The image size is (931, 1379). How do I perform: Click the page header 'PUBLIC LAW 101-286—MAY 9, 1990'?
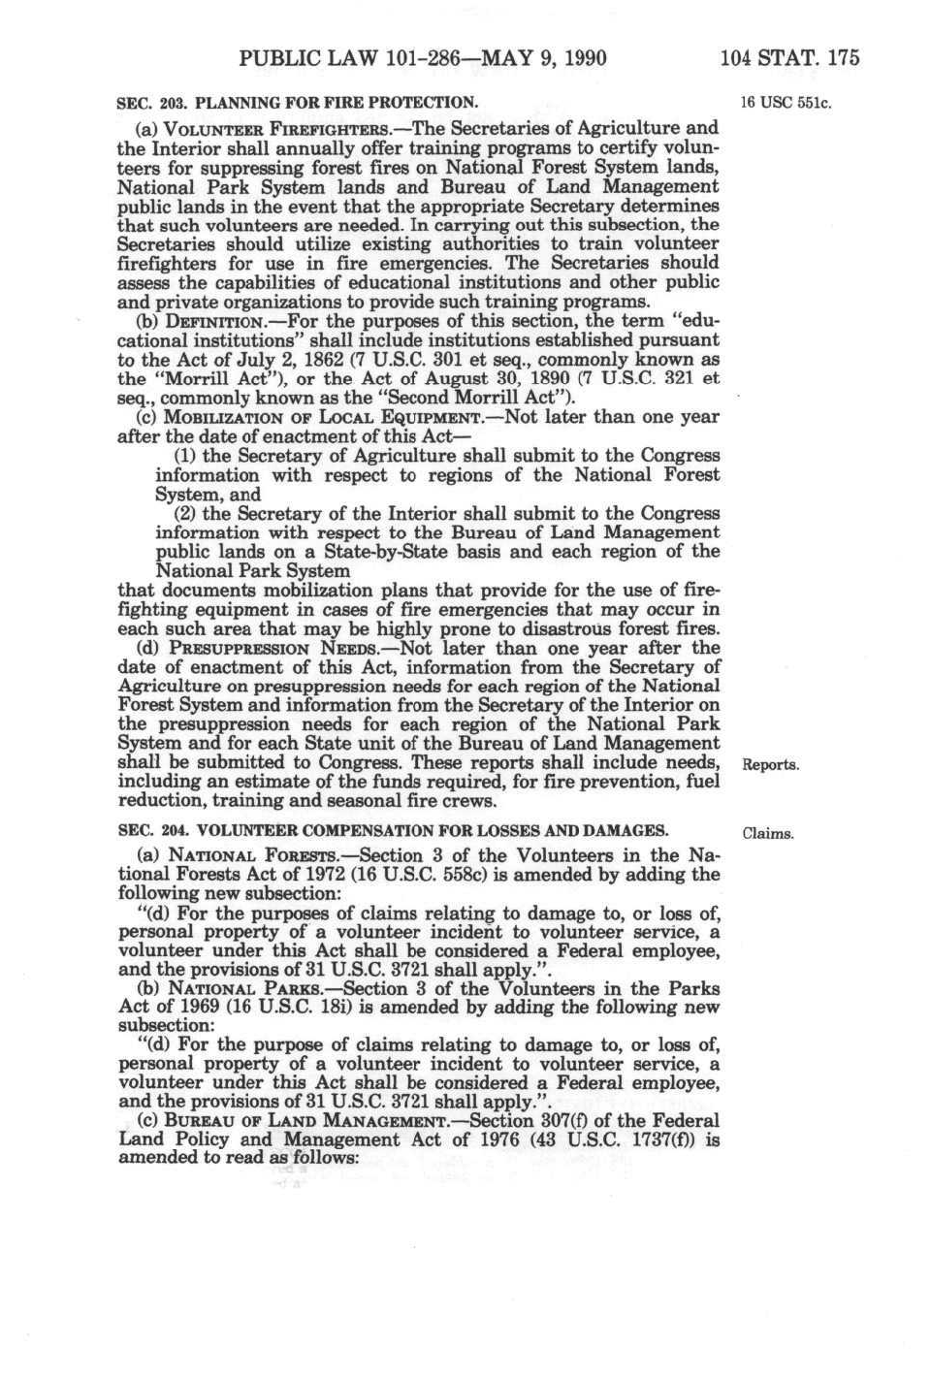coord(422,57)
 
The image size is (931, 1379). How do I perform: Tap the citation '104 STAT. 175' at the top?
coord(789,57)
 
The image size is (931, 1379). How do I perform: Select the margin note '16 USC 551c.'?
coord(787,103)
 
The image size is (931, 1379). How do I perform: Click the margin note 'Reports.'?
coord(771,765)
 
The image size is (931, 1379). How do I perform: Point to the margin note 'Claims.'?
coord(768,833)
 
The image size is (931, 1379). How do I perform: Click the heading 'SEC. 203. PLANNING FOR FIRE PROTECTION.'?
coord(297,102)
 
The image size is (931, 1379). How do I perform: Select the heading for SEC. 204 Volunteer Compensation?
coord(393,830)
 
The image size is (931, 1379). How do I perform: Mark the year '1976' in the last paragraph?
coord(498,1139)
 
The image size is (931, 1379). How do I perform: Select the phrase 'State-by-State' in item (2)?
coord(384,552)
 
